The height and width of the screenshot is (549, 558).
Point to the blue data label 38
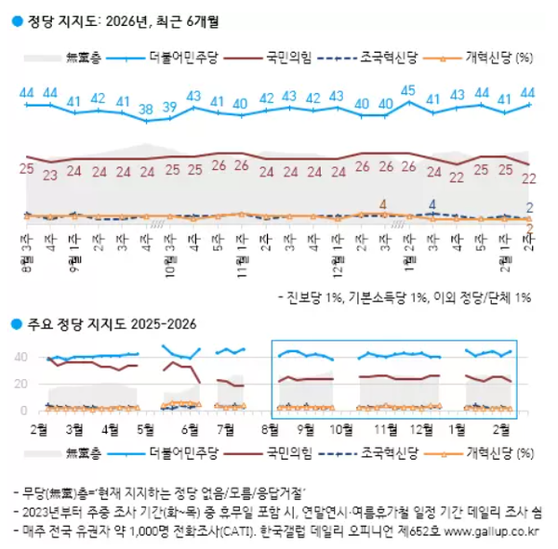tap(146, 109)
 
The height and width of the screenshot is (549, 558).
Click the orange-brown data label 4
tap(383, 203)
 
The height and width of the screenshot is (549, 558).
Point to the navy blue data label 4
tap(432, 203)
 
